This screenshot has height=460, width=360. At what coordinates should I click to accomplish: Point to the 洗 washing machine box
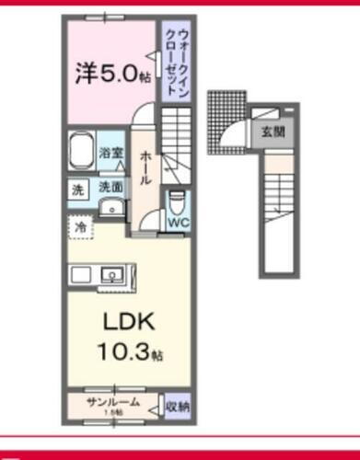coord(76,190)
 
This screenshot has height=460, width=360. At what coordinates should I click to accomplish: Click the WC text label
coord(178,221)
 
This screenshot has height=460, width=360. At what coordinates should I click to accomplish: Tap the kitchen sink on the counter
coord(115,274)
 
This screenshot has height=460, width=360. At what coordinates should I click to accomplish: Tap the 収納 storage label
coord(178,406)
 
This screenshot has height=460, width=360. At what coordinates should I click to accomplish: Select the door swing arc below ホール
coord(146,219)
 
